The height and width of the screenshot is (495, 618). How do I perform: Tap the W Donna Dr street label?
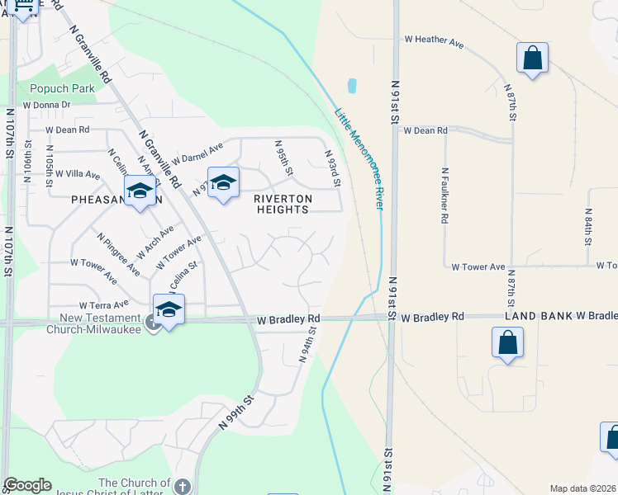pos(47,106)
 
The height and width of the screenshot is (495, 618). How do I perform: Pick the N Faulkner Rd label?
pos(444,204)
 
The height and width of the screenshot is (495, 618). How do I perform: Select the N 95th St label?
pos(283,157)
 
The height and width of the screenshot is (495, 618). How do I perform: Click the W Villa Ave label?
pos(77,175)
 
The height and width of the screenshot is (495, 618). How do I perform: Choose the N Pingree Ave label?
pos(117,253)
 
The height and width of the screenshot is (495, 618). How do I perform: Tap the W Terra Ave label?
pos(104,305)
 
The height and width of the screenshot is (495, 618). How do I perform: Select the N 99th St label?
pos(235,411)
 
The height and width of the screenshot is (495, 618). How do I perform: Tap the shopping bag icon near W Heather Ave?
pos(532,59)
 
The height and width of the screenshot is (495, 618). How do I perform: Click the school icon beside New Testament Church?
pos(169,310)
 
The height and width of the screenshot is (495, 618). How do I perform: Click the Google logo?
pos(27,485)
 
